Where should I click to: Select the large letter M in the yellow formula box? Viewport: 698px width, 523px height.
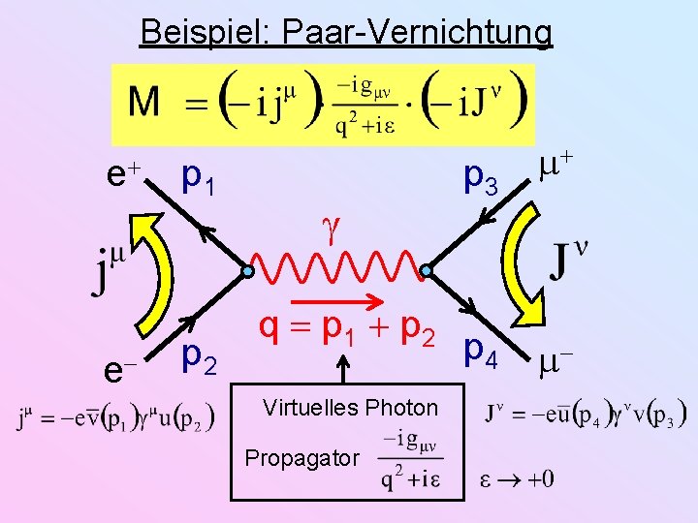coord(145,102)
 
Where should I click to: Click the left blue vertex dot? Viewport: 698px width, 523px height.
coord(249,272)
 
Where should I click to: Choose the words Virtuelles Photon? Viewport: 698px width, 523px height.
coord(350,408)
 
